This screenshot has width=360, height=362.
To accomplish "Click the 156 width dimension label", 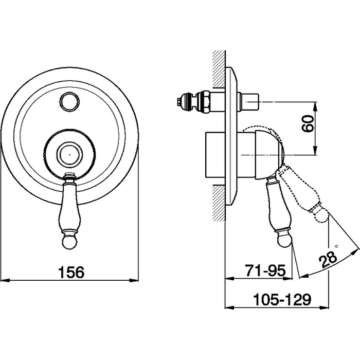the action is (x=71, y=272).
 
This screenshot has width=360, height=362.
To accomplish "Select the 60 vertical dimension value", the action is (x=309, y=124).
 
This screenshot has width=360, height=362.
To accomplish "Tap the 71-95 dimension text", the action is (x=265, y=270).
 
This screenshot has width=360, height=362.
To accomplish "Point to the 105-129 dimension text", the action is (x=282, y=300).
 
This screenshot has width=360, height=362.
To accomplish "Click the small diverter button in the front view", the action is (x=70, y=102).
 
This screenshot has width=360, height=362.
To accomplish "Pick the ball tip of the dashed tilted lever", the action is (x=321, y=215).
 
